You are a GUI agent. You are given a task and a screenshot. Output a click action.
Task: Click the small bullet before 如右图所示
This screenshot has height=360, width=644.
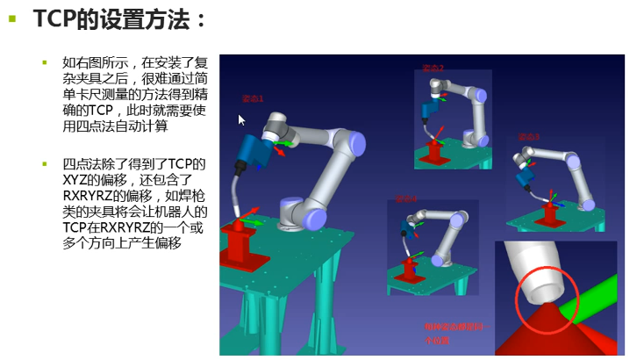click(45, 62)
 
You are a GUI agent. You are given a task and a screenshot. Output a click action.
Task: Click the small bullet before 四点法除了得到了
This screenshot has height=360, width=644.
click(45, 164)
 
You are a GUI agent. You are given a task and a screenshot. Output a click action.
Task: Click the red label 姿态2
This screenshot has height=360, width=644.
click(433, 68)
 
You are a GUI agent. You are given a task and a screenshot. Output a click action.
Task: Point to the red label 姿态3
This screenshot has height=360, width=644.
click(528, 137)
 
